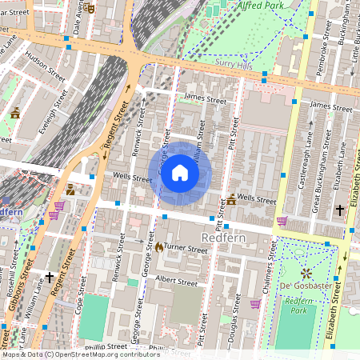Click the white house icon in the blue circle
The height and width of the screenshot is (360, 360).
pos(180,173)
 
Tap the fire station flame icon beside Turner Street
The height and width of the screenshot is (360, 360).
pos(158,248)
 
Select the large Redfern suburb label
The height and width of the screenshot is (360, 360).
pos(227,238)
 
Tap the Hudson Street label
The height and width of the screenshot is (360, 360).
pos(46,65)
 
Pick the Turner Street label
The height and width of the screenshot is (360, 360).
pos(186,250)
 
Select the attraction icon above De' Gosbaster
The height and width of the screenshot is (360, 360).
pos(305,274)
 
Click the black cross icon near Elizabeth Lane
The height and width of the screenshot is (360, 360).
pos(339,210)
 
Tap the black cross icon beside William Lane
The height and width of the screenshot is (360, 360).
pos(50,278)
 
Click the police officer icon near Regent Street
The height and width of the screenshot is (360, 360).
pos(70,190)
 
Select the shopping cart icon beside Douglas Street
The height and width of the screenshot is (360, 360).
pos(255,303)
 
